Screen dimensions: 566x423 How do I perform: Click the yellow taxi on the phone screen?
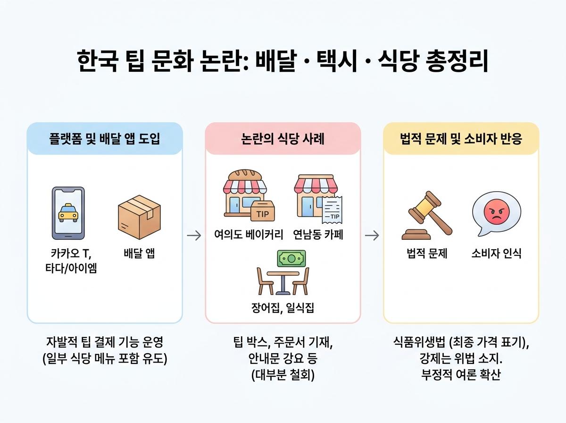(68, 212)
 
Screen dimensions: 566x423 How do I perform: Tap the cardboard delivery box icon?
(139, 217)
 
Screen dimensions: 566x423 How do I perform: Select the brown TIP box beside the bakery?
(263, 211)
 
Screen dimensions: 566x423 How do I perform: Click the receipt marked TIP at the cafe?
(333, 210)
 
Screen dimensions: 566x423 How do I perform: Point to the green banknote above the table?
(291, 258)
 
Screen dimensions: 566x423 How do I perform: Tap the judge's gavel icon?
(427, 215)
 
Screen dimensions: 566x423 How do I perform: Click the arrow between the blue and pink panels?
(194, 236)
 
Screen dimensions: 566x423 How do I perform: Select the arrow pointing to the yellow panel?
(372, 236)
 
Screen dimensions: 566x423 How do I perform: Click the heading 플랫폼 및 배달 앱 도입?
(105, 139)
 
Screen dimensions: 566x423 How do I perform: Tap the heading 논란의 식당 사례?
(283, 139)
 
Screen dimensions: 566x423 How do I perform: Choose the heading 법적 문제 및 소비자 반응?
(461, 139)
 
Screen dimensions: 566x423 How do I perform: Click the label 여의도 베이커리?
(249, 235)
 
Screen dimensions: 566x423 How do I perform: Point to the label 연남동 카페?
(318, 235)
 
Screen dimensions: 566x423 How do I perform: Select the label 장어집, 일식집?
(283, 308)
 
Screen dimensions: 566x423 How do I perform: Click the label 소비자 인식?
(496, 254)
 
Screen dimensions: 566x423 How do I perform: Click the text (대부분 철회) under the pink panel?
(283, 375)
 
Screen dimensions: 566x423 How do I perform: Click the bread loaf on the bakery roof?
(245, 175)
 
